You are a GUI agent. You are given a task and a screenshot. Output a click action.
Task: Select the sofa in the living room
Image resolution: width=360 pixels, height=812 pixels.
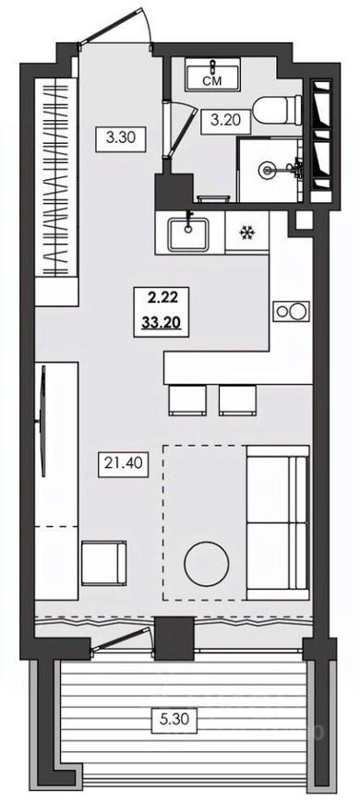pos(276,522)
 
